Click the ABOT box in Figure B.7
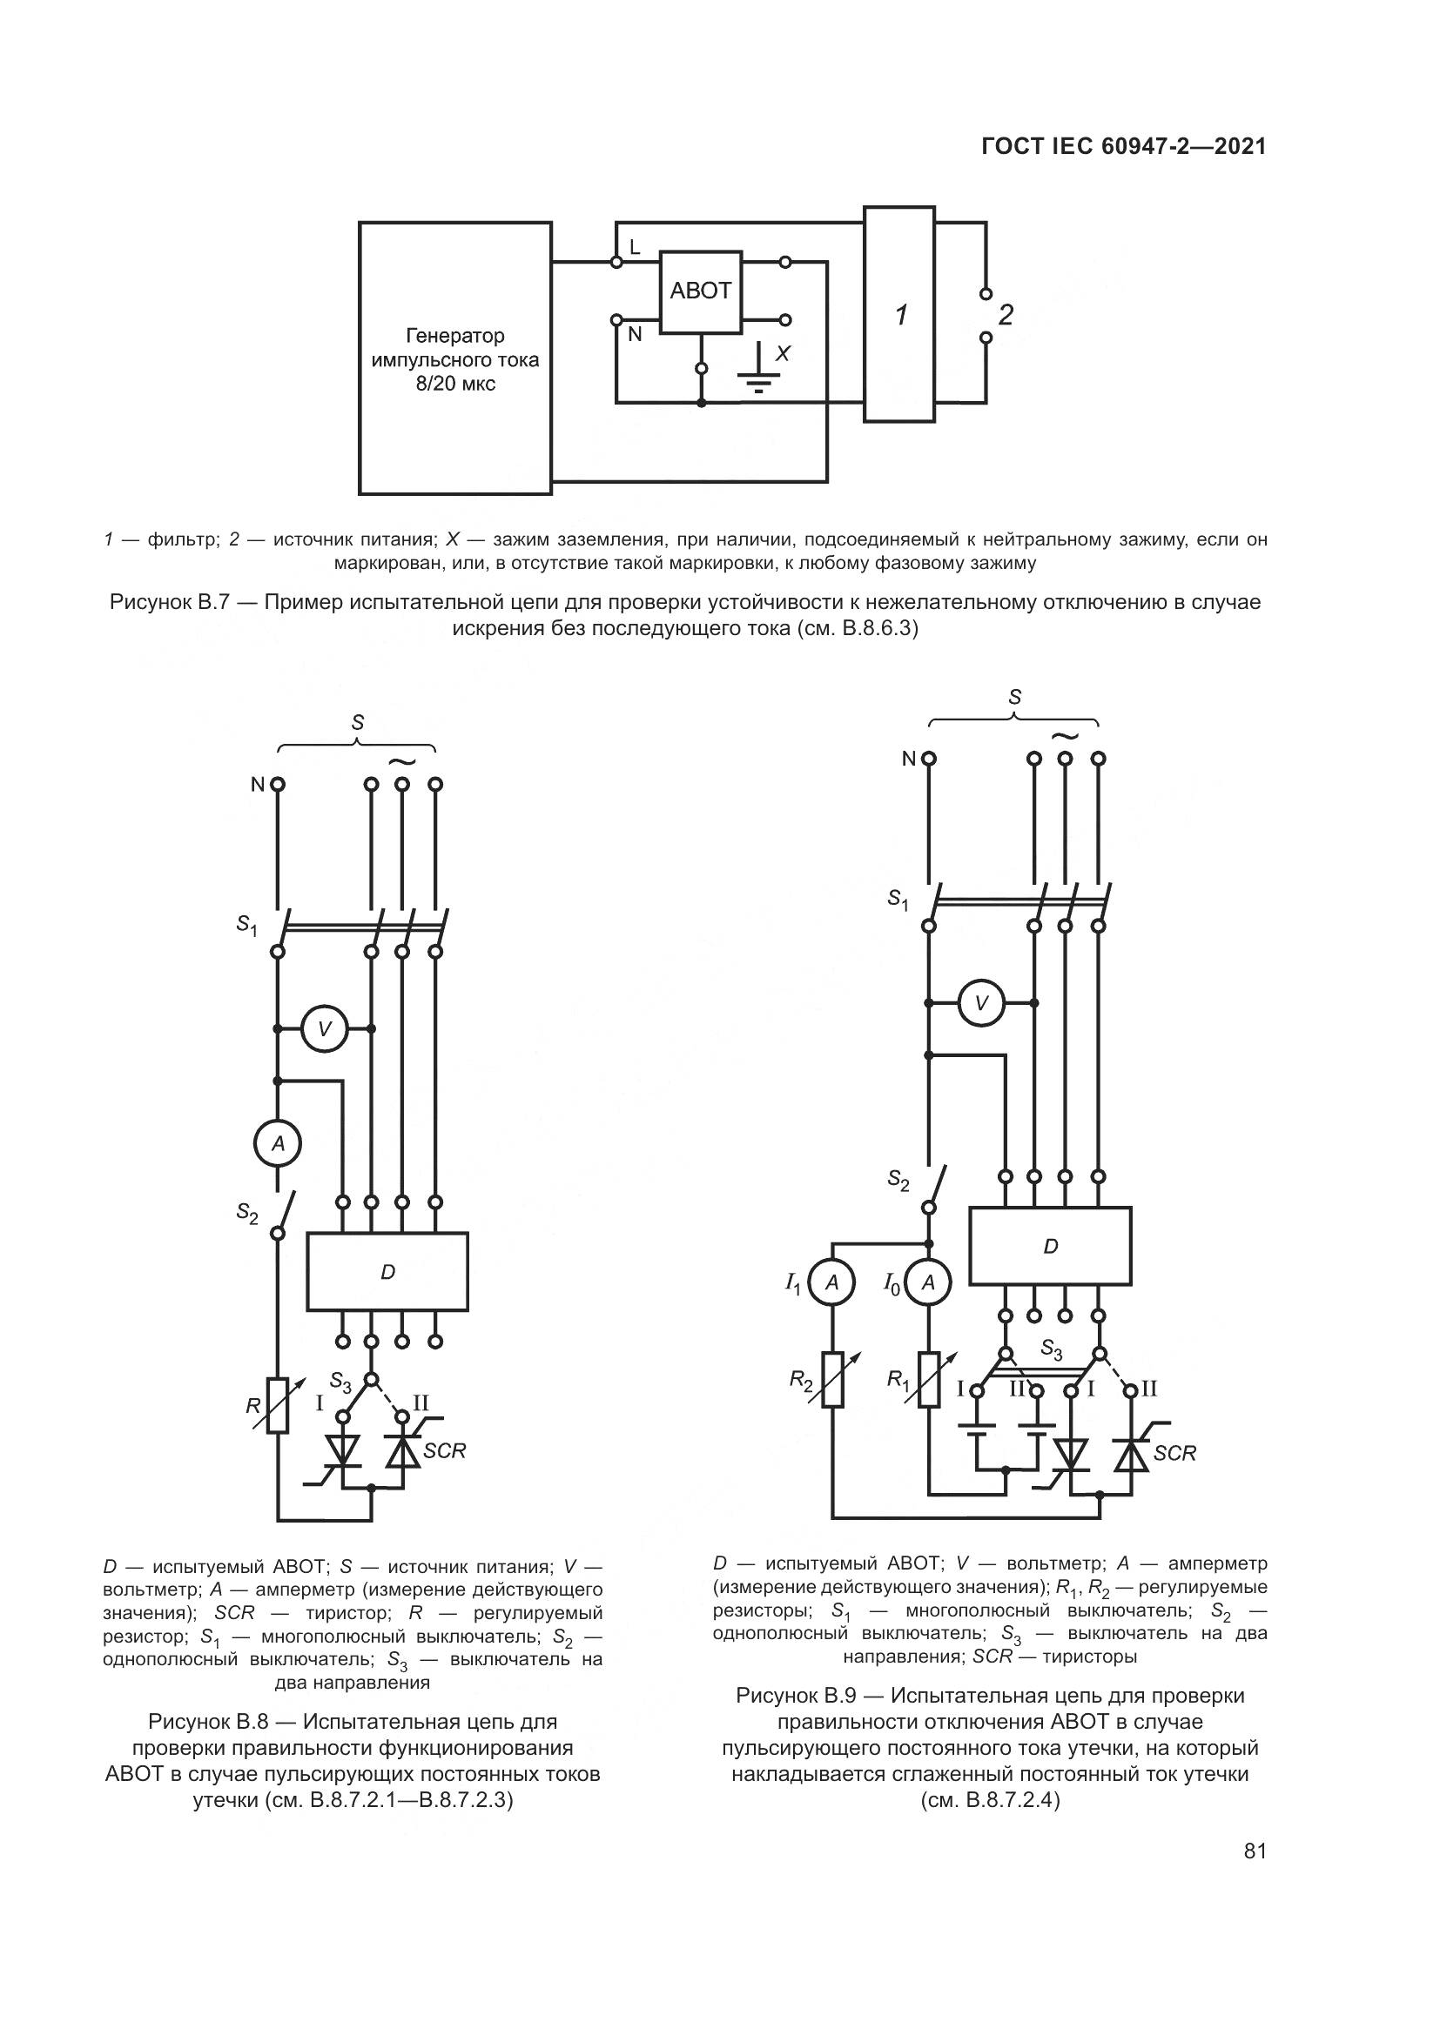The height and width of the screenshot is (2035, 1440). coord(700,291)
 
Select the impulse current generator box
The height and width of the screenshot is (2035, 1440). coord(454,358)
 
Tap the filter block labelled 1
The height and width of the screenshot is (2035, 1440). coord(899,315)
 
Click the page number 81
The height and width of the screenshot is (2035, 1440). coord(1255,1851)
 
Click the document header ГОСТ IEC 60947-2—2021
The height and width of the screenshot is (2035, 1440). coord(1123,147)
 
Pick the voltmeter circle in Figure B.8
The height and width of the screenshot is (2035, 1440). coord(325,1029)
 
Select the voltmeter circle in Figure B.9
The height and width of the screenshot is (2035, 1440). coord(981,1003)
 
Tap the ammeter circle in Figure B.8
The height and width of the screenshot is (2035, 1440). coord(278,1144)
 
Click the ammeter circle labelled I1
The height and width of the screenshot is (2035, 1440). coord(832,1282)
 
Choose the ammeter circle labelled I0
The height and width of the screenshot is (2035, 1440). coord(928,1282)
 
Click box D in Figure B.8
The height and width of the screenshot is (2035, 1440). coord(387,1271)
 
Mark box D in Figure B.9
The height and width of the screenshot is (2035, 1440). coord(1050,1245)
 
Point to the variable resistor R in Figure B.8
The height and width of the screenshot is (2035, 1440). coord(278,1405)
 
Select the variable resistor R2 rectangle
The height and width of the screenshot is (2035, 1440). coord(832,1379)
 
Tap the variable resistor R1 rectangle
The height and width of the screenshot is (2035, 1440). coord(928,1379)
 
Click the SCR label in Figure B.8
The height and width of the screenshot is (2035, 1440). coord(444,1451)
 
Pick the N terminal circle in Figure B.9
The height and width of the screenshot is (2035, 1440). coord(928,759)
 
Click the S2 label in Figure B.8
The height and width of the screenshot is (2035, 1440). coord(247,1214)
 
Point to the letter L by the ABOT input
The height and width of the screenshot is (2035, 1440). coord(635,248)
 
